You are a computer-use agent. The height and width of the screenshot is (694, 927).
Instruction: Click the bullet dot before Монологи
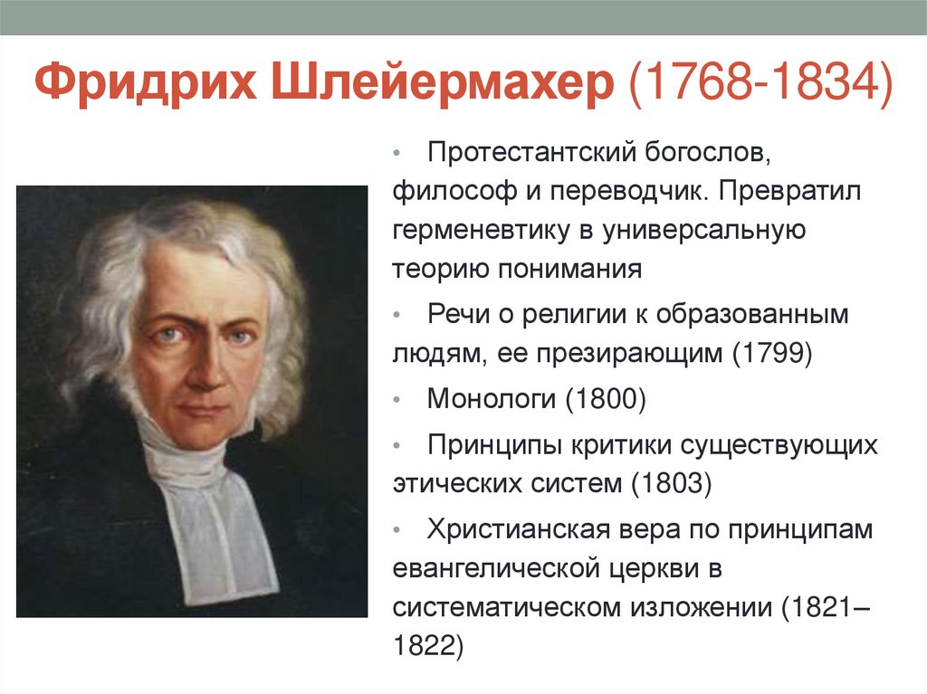point(399,399)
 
